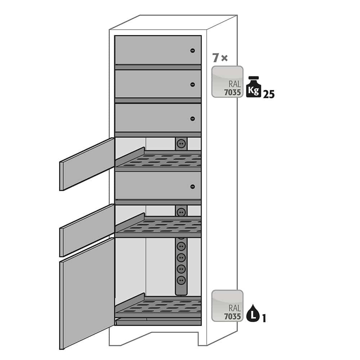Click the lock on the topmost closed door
click(x=193, y=50)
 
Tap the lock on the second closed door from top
click(x=193, y=85)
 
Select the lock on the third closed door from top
click(x=193, y=118)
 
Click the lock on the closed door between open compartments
click(x=193, y=186)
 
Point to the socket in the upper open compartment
click(x=181, y=144)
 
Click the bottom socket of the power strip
click(x=181, y=280)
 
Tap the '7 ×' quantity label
click(x=220, y=58)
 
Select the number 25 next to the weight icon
click(x=269, y=94)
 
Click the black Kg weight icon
click(x=254, y=87)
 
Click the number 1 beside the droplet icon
click(x=264, y=319)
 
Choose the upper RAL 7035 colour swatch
click(x=227, y=82)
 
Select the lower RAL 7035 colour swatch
click(x=227, y=306)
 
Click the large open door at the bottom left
click(x=87, y=294)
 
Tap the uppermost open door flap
click(x=87, y=164)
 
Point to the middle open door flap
click(x=87, y=230)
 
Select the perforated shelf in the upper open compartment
click(x=158, y=159)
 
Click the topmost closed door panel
click(x=158, y=50)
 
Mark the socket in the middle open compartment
click(x=181, y=211)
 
